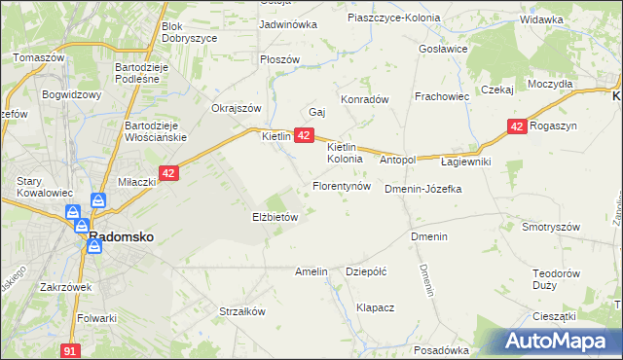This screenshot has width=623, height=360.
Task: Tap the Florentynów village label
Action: (x=341, y=185)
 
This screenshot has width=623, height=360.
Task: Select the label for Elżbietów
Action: (x=275, y=218)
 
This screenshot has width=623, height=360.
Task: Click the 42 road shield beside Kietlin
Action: (x=304, y=136)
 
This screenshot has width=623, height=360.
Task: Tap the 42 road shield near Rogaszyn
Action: (x=517, y=126)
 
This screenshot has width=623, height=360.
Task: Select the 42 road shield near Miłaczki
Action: (x=168, y=173)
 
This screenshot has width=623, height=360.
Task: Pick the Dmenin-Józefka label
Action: (x=422, y=189)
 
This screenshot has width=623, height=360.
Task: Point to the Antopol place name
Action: (x=397, y=160)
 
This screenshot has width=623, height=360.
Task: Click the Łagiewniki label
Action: (x=466, y=161)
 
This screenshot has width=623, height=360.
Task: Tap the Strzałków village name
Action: (x=242, y=312)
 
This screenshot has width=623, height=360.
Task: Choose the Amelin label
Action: (x=311, y=272)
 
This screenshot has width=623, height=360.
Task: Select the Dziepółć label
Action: (x=367, y=272)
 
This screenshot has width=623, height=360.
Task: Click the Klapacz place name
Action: (x=375, y=307)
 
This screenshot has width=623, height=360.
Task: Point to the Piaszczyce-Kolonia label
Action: (x=393, y=18)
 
